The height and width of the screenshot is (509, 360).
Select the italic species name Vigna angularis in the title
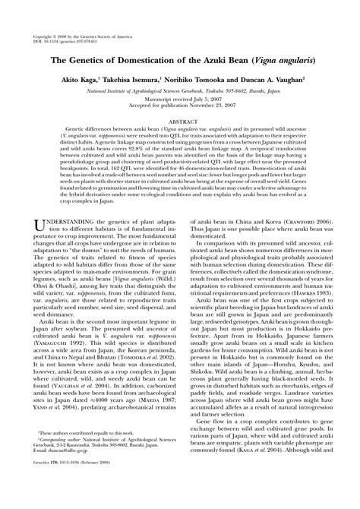pyautogui.click(x=281, y=58)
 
